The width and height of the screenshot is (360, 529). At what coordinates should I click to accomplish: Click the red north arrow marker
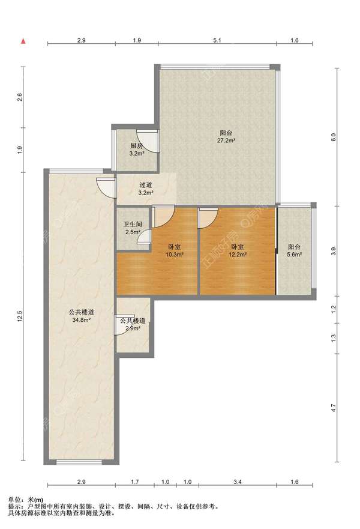[23, 41]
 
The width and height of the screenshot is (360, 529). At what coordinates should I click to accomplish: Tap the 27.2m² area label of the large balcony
[226, 141]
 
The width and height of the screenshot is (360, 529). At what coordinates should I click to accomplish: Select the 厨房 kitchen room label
[137, 146]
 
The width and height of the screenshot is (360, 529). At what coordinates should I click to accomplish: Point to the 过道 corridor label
[146, 185]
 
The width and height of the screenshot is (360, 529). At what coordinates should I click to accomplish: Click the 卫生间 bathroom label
[132, 224]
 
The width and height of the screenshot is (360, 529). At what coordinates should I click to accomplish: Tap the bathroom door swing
[144, 236]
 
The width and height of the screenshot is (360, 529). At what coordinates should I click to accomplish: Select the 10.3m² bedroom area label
[174, 255]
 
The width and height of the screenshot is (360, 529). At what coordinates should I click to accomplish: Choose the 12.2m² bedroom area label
[238, 255]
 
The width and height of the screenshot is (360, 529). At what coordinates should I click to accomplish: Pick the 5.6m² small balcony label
[294, 255]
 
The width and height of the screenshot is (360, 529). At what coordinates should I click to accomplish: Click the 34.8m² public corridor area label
[81, 320]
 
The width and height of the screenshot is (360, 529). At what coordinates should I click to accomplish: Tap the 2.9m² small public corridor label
[133, 328]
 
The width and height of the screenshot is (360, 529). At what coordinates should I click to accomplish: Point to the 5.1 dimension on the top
[217, 40]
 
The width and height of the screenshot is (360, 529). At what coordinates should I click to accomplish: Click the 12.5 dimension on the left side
[20, 316]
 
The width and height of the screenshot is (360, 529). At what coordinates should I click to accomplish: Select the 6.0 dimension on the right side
[334, 137]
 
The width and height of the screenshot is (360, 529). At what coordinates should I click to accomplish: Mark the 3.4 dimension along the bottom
[238, 482]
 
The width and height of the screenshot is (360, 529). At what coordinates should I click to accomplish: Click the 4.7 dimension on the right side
[334, 408]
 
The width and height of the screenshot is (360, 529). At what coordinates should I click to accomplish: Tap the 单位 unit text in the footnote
[14, 500]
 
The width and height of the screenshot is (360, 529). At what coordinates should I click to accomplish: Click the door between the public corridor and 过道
[106, 187]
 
